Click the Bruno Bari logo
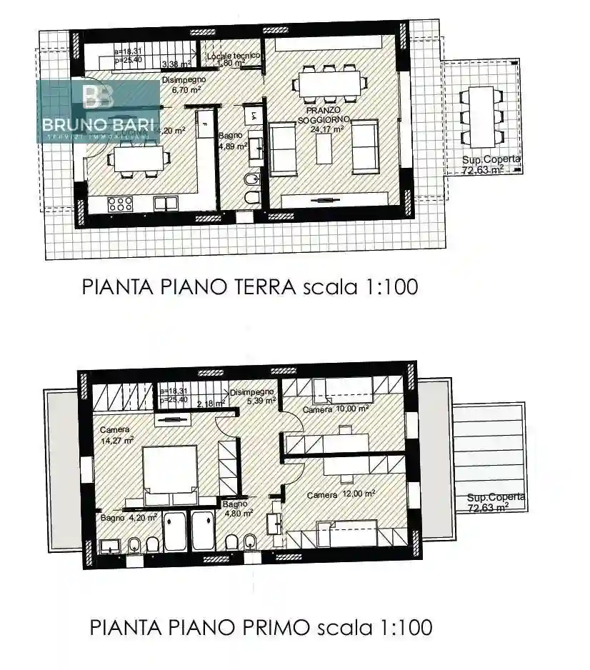point(99,111)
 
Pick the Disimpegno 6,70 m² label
point(184,85)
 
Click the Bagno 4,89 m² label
point(233,139)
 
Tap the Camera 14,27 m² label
point(116,435)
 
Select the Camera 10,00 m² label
point(335,409)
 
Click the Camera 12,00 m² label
point(341,494)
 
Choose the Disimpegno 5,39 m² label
point(252,396)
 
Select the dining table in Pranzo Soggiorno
point(329,81)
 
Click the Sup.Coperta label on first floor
point(496,502)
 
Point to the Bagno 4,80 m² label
point(237,508)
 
